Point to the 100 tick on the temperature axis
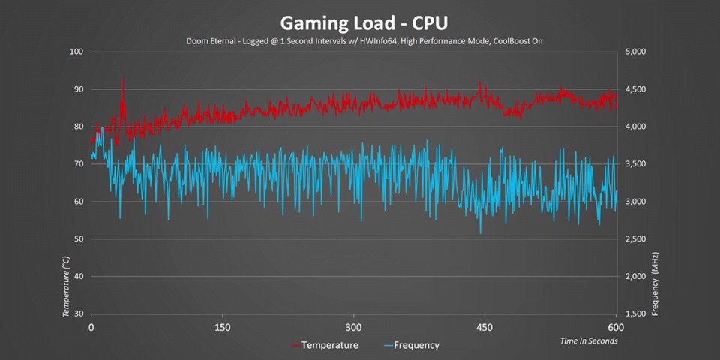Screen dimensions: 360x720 76,52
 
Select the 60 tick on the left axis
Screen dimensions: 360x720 79,202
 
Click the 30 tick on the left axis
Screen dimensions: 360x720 79,314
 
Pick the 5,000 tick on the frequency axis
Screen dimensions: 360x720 635,52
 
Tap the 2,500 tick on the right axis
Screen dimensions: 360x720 635,239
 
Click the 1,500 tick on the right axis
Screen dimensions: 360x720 635,314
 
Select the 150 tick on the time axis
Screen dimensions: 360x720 222,328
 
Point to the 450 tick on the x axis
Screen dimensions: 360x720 484,328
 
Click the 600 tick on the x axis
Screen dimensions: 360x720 616,328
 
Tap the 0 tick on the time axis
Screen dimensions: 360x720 91,328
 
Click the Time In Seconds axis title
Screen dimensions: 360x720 589,341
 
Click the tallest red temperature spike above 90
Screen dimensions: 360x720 123,79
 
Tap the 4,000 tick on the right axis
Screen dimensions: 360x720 635,127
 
